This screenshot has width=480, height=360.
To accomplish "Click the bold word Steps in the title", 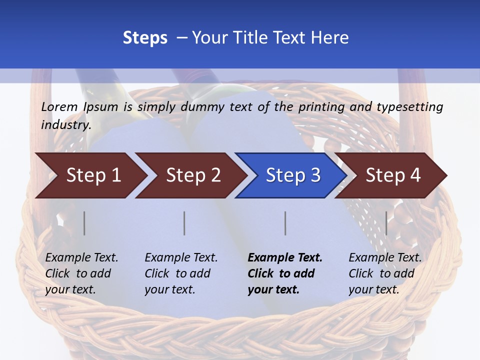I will [145, 38].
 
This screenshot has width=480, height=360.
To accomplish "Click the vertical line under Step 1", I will [84, 223].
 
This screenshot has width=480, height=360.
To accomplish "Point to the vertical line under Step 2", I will [184, 223].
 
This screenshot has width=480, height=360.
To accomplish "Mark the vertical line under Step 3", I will [285, 223].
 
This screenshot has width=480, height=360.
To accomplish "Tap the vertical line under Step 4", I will [386, 223].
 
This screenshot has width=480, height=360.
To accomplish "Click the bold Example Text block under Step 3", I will [285, 273].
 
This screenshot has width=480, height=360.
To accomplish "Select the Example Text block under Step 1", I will [81, 273].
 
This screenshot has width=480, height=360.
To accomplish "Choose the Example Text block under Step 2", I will [181, 273].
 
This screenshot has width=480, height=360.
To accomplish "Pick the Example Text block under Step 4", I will [385, 273].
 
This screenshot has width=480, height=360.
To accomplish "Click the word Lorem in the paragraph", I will [59, 107].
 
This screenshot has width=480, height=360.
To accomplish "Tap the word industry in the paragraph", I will [65, 124].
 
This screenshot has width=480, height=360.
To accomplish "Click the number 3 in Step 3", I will [315, 175].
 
